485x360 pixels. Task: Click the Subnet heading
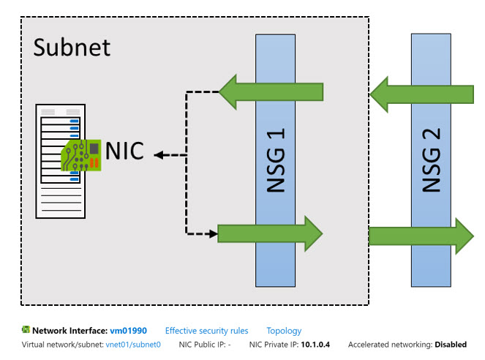(x=72, y=48)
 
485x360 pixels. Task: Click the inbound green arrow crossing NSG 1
(x=271, y=92)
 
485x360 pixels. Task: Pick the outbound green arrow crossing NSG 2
(x=421, y=235)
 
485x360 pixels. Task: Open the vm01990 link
(x=128, y=331)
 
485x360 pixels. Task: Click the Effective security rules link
(x=206, y=331)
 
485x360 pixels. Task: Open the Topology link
(x=284, y=331)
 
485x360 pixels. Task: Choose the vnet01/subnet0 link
(x=132, y=345)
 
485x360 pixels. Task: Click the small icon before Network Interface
(x=26, y=331)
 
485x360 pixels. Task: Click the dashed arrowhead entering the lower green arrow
(x=214, y=234)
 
